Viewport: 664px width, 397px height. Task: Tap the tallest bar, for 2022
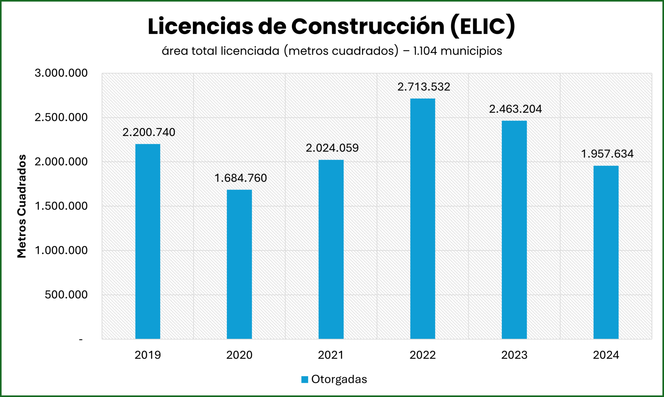point(423,219)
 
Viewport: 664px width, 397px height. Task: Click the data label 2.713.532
point(424,87)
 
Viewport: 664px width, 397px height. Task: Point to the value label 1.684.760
point(241,178)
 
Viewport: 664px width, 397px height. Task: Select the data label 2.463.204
point(515,109)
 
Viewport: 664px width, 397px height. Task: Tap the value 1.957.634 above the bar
point(607,154)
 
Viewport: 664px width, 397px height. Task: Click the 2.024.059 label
point(332,148)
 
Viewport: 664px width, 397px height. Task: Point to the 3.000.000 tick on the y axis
point(61,73)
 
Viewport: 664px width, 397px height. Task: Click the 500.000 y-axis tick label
point(66,295)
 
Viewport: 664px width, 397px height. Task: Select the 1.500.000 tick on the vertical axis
point(61,206)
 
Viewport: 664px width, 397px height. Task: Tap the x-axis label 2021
point(331,355)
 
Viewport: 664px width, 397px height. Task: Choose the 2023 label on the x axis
point(514,355)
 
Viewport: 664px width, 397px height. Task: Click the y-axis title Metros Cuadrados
point(22,206)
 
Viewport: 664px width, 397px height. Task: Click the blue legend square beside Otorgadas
point(305,379)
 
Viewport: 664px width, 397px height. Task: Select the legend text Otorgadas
point(339,379)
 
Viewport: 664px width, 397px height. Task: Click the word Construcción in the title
point(368,26)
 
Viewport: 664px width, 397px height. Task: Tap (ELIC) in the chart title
point(483,26)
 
